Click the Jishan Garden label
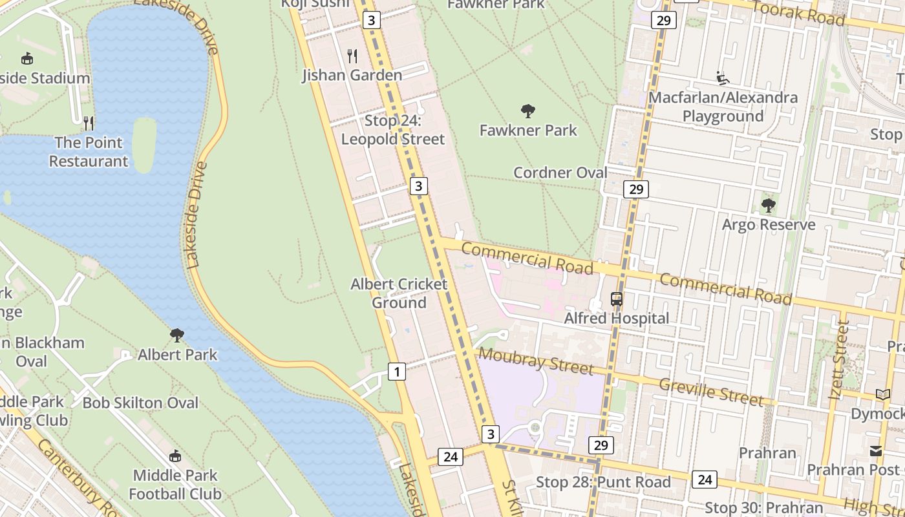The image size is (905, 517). point(352,76)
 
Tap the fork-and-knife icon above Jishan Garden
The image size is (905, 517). point(352,56)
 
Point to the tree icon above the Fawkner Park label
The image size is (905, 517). point(528,111)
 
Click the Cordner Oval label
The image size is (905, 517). point(560,173)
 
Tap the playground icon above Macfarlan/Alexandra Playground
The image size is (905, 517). point(723,79)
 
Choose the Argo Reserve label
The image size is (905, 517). point(768,225)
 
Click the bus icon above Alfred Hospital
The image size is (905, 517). point(617,299)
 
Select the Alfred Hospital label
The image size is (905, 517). point(617,318)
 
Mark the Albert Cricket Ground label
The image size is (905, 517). point(399,293)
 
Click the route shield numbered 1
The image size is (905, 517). point(397,372)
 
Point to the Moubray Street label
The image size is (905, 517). point(535,361)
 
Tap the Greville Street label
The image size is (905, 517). point(711,392)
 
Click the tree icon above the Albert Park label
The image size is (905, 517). point(177,335)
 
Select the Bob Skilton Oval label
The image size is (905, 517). point(140,403)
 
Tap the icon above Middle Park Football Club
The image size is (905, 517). point(175,456)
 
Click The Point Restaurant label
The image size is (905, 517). point(89,152)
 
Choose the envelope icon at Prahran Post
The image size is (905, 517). point(876,451)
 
